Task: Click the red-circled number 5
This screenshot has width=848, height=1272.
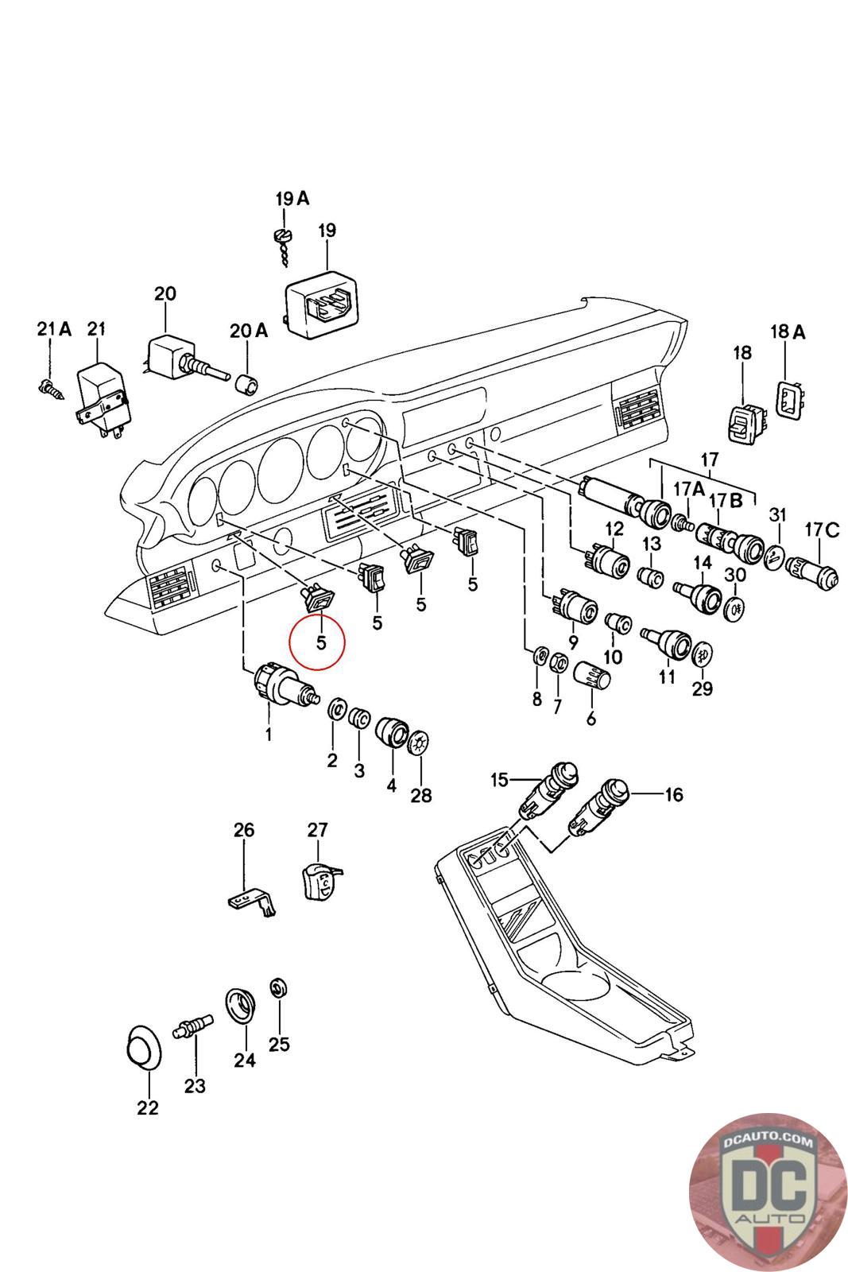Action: coord(321,643)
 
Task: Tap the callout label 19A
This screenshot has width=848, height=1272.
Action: coord(292,199)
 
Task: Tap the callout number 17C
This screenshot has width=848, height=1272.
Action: coord(822,530)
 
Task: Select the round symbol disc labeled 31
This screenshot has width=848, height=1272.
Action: coord(775,557)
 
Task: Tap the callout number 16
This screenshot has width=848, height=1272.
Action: coord(674,794)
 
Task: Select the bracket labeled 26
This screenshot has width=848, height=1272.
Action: coord(252,902)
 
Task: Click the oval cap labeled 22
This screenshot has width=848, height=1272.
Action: coord(142,1048)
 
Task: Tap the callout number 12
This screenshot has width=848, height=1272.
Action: coord(614,529)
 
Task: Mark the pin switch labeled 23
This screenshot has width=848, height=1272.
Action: coord(193,1026)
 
